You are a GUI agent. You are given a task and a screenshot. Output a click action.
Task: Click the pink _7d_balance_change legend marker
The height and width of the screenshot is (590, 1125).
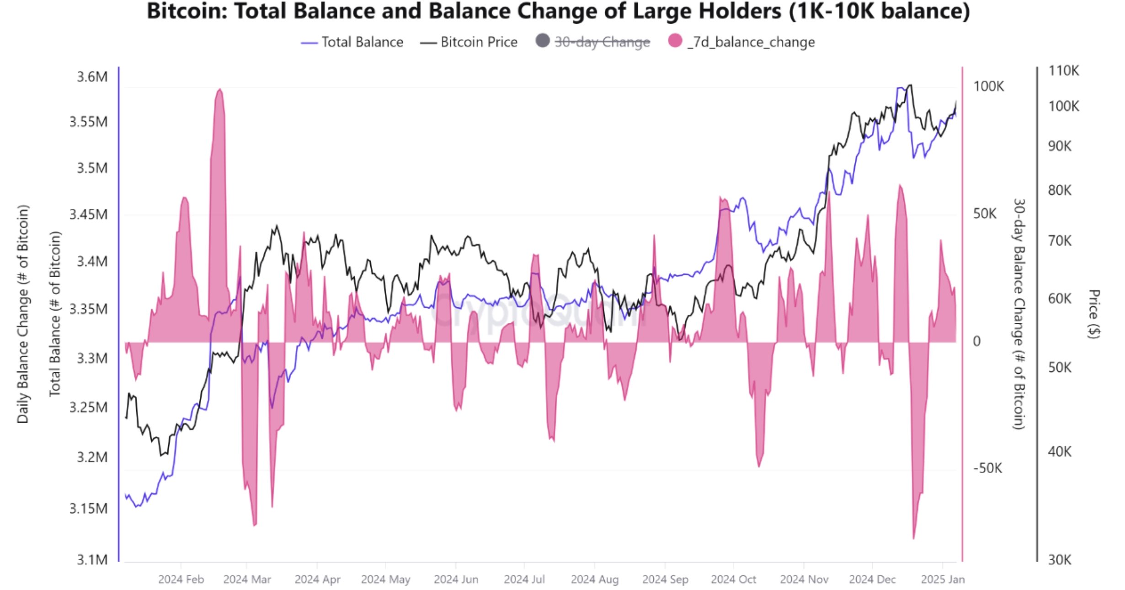(x=675, y=41)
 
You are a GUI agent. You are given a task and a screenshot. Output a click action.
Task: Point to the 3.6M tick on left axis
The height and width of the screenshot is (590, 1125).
(x=92, y=77)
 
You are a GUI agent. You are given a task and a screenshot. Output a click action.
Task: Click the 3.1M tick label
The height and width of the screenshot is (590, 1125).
(x=92, y=559)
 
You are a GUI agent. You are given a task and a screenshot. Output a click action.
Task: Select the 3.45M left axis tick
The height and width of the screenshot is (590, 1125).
(x=88, y=214)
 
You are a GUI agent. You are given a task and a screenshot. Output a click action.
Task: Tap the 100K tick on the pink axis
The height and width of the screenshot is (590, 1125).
(x=988, y=86)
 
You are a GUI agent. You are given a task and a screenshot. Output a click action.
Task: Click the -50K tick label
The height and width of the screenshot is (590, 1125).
(x=987, y=468)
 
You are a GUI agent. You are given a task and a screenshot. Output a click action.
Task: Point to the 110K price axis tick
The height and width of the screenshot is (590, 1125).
(x=1063, y=70)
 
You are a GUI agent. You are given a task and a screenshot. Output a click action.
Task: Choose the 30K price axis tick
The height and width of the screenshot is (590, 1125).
(x=1059, y=559)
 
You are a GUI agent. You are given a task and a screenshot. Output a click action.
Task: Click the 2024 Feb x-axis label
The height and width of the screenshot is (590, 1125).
(x=181, y=579)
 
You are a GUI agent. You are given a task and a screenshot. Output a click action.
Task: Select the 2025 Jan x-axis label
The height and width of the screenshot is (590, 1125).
(x=942, y=579)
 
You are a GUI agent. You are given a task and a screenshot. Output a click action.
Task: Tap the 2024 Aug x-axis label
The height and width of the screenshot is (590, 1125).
(x=594, y=579)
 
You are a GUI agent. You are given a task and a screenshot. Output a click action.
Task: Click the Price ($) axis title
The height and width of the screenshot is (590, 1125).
(x=1093, y=314)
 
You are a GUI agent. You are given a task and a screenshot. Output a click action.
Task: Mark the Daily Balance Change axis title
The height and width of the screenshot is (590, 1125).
(x=23, y=314)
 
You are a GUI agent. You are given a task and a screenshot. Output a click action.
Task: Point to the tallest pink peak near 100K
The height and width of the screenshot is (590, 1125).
(x=220, y=90)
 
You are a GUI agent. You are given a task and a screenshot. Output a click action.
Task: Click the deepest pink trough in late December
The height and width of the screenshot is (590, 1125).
(x=913, y=537)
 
